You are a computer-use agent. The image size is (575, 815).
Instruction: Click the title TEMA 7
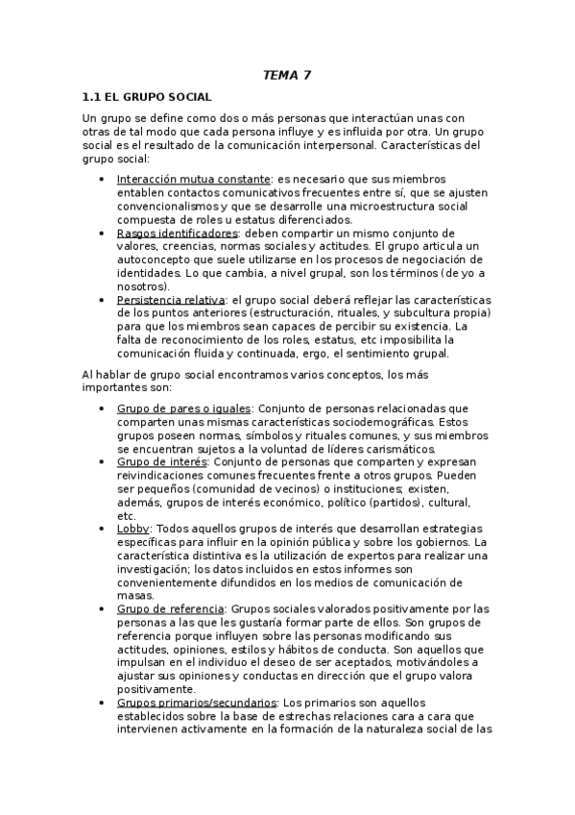[x=286, y=74]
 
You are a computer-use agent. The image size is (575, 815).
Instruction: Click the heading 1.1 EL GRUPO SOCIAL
[x=147, y=97]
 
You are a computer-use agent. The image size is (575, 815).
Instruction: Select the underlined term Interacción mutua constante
[x=193, y=179]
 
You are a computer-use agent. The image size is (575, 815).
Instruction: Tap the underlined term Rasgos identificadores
[x=177, y=233]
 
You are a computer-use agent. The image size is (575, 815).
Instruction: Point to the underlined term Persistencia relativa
[x=171, y=300]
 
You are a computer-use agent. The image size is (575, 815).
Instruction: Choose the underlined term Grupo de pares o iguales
[x=183, y=407]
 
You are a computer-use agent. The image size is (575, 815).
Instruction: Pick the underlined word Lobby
[x=133, y=529]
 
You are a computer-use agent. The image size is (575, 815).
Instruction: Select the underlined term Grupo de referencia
[x=171, y=609]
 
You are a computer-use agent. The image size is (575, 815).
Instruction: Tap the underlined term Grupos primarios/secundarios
[x=197, y=703]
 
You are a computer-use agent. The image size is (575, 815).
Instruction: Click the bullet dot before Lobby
[x=103, y=529]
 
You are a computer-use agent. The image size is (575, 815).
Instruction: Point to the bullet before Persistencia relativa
[x=103, y=300]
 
